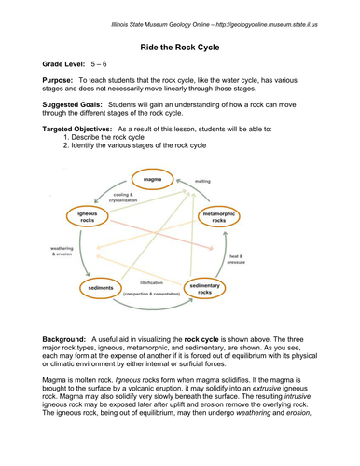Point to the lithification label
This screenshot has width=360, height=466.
[x=151, y=281]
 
